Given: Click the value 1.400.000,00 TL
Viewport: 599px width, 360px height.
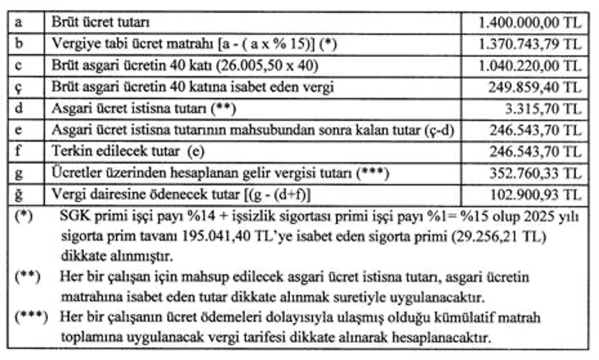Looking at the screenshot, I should pyautogui.click(x=531, y=17).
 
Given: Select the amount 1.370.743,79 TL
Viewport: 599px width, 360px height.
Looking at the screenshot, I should pyautogui.click(x=531, y=40).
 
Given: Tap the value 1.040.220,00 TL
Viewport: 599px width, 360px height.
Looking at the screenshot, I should pyautogui.click(x=531, y=62).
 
